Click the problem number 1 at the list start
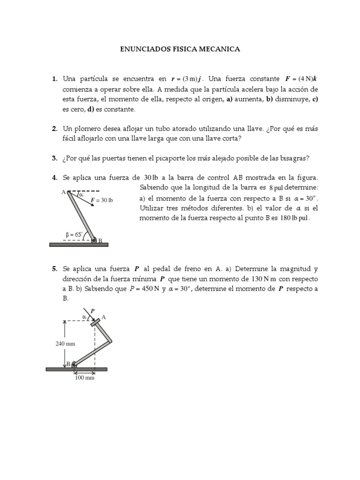pos(54,79)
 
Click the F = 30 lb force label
pos(102,200)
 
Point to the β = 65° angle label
pos(74,234)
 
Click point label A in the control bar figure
pos(63,191)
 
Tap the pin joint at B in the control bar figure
pos(94,240)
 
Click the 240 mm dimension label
pos(65,343)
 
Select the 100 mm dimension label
pos(85,378)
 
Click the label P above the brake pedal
pos(92,310)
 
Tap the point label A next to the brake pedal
pos(104,317)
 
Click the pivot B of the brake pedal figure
pos(74,364)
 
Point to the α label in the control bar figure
pos(81,195)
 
